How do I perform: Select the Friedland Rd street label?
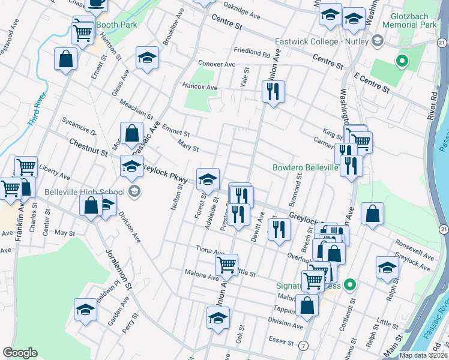pos(252,53)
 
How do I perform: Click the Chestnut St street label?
pos(88,148)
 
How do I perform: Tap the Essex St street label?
pos(281,344)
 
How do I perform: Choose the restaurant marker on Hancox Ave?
pos(273,91)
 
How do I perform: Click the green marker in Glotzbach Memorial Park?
pos(401,61)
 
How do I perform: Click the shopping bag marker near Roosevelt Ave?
pos(373,214)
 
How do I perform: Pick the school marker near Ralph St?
pos(387,268)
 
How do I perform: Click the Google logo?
pos(20,353)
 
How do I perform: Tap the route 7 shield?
pos(304,346)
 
